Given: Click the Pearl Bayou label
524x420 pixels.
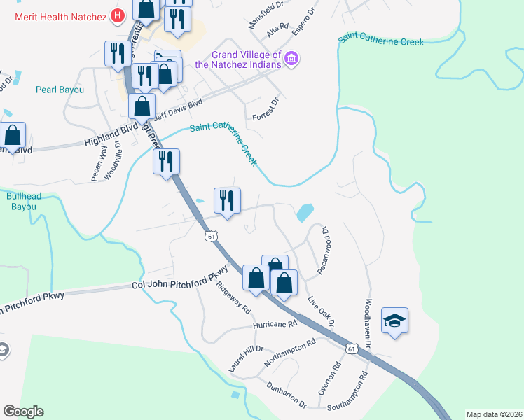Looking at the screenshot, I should pyautogui.click(x=60, y=90).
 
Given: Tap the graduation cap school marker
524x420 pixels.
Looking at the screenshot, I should pyautogui.click(x=394, y=321).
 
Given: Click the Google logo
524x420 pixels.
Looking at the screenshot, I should pyautogui.click(x=23, y=412).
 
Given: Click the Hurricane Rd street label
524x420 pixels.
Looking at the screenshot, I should pyautogui.click(x=275, y=324).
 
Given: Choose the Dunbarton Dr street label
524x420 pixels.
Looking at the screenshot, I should pyautogui.click(x=287, y=395).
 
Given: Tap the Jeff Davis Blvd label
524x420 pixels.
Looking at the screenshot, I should pyautogui.click(x=177, y=111).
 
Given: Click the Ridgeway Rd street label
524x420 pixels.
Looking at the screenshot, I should pyautogui.click(x=233, y=297).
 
